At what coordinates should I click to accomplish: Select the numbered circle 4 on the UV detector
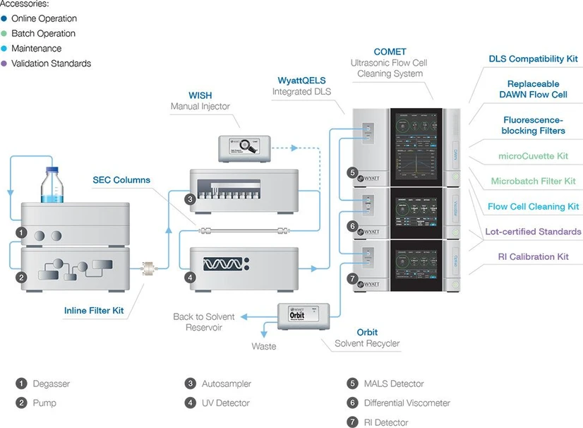190,278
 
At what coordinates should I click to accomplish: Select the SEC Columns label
121,180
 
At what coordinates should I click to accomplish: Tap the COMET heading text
390,52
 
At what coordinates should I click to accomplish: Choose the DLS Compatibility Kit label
533,59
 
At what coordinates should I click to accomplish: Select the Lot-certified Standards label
533,232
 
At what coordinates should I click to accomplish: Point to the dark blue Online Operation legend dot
4,18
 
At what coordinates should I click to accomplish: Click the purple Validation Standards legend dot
4,64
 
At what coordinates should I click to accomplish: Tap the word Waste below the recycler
264,347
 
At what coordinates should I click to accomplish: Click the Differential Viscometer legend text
407,403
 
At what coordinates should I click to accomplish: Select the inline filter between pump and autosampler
150,268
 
